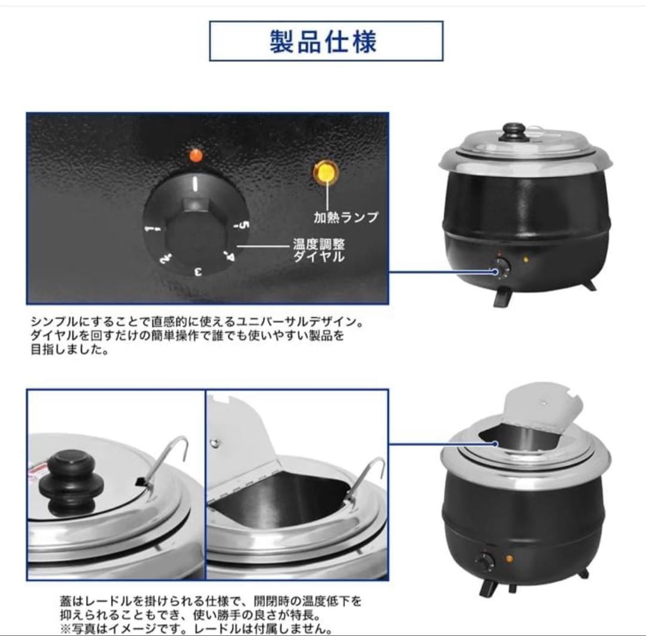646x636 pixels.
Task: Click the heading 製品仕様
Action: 326,42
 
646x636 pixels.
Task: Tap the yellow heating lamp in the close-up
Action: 326,173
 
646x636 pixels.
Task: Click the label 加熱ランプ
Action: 346,216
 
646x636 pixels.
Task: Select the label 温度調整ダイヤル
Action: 319,251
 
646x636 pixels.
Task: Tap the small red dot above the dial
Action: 196,156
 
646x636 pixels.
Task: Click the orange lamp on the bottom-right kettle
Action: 508,559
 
